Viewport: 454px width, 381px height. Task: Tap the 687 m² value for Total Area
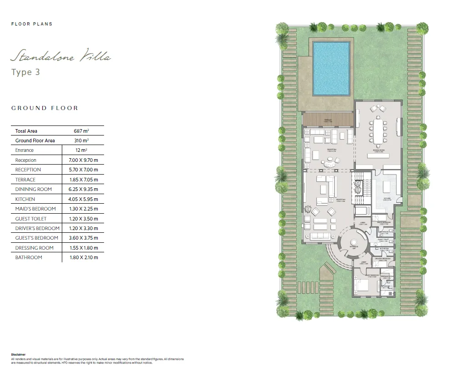(x=81, y=131)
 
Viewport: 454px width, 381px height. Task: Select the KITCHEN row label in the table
(x=25, y=199)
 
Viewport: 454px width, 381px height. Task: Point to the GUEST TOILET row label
(x=31, y=219)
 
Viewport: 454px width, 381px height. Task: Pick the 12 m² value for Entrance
(x=81, y=150)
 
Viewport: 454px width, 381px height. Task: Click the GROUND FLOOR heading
(x=45, y=108)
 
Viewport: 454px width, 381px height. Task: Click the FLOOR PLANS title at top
(x=32, y=24)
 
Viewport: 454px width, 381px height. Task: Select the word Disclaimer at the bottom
(x=18, y=354)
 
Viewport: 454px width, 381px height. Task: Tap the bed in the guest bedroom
(x=363, y=286)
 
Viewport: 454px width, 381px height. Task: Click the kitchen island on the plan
(x=388, y=187)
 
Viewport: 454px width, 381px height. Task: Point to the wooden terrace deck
(x=328, y=120)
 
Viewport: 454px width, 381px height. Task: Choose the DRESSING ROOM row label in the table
(x=35, y=248)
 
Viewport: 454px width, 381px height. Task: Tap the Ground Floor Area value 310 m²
(x=81, y=140)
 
